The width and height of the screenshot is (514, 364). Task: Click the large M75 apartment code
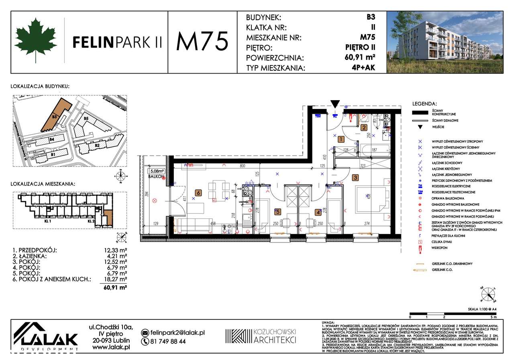pos(202,41)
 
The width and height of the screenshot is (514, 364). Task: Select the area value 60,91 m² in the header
pos(360,57)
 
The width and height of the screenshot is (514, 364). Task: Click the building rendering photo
pos(445,42)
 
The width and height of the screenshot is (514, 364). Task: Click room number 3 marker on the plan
pos(355,177)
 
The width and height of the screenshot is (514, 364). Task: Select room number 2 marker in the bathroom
pos(364,128)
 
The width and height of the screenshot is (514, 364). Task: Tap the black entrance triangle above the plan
pos(335,104)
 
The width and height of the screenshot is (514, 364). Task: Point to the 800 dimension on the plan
pos(242,165)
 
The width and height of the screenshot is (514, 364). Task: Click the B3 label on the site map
pos(54,117)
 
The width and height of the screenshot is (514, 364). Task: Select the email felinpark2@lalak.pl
pos(177,333)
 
